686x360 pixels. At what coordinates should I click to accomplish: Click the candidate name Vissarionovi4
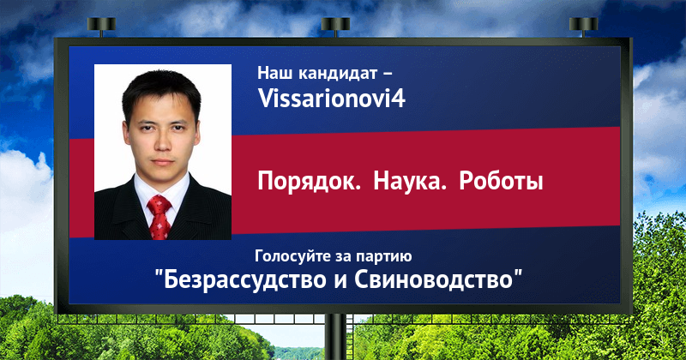[x=332, y=98]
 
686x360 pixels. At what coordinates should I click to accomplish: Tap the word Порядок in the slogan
[x=309, y=182]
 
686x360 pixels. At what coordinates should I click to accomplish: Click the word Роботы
[x=501, y=181]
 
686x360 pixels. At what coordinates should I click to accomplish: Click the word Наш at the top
[x=275, y=73]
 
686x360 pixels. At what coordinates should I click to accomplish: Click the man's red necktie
[x=159, y=217]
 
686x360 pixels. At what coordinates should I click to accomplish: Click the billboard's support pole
[x=336, y=337]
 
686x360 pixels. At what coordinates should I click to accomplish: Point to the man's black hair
[x=161, y=90]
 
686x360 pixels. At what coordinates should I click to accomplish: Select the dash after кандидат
[x=388, y=74]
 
